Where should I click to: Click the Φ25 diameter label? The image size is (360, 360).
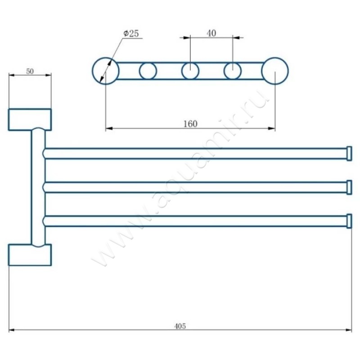[x=131, y=33]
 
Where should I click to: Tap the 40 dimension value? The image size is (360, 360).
[x=211, y=33]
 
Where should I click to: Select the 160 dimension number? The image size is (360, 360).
[x=190, y=124]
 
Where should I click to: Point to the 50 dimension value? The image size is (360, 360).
[x=30, y=72]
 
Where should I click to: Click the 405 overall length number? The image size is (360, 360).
[x=180, y=326]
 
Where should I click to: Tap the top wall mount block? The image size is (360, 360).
[x=30, y=120]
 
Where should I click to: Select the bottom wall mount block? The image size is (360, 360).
[x=30, y=255]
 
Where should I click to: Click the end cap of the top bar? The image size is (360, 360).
[x=349, y=153]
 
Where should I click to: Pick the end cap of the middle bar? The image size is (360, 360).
[x=349, y=187]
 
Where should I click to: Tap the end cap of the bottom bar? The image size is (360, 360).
[x=349, y=221]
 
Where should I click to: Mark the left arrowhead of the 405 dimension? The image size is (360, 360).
[x=12, y=330]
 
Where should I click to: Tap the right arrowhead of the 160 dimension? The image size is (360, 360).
[x=272, y=128]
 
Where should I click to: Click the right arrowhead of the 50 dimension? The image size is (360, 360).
[x=49, y=75]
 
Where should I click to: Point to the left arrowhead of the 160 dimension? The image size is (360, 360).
[x=109, y=128]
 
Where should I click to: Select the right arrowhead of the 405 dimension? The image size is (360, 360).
[x=349, y=330]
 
